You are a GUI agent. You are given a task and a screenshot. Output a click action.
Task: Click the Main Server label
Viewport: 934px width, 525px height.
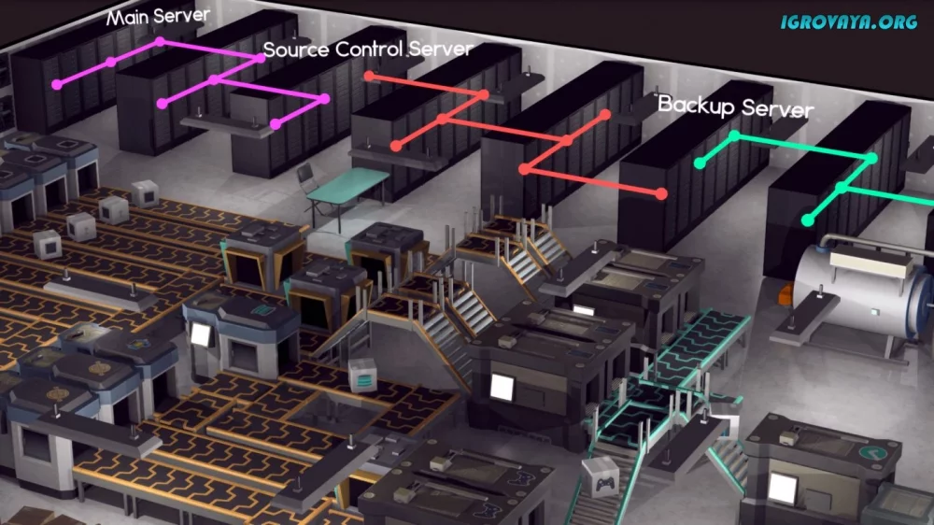[158, 17]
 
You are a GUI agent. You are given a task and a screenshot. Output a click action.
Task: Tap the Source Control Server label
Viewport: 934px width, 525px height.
[368, 49]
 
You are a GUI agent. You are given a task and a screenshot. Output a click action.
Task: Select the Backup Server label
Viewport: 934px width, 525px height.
[736, 106]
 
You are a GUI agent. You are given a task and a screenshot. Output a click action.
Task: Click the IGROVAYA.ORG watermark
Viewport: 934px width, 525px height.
[849, 22]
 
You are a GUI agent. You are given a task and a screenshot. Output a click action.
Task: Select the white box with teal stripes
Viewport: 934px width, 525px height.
[362, 376]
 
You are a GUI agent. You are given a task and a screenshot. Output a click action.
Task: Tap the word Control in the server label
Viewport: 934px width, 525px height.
[370, 49]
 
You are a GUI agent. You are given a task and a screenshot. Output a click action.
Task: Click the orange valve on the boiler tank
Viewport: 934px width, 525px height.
[786, 293]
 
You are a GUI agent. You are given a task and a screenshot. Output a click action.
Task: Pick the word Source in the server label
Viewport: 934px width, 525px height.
[297, 50]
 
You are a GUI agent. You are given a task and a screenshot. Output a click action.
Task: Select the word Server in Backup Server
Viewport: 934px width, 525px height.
[778, 109]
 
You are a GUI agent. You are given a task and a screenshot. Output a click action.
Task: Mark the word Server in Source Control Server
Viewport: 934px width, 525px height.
[442, 50]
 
